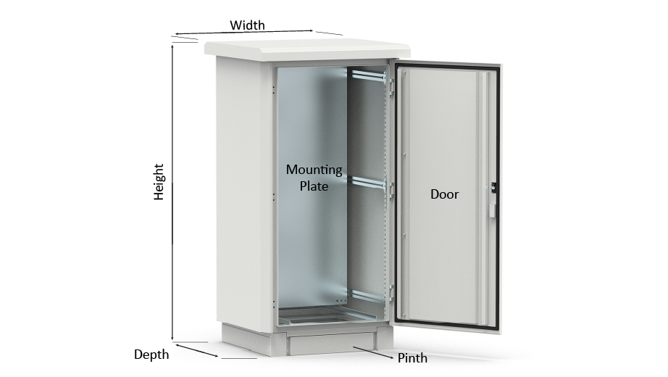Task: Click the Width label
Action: pyautogui.click(x=247, y=25)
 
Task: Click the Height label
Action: pyautogui.click(x=159, y=182)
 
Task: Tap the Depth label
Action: pyautogui.click(x=151, y=355)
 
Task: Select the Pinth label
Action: pyautogui.click(x=412, y=358)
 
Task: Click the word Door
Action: pyautogui.click(x=444, y=194)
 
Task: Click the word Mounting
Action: pyautogui.click(x=314, y=170)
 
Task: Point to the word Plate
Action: pyautogui.click(x=314, y=186)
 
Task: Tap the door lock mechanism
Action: pyautogui.click(x=493, y=187)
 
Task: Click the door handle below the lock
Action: pyautogui.click(x=492, y=210)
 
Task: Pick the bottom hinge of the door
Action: pyautogui.click(x=391, y=293)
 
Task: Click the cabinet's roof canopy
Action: pyautogui.click(x=307, y=49)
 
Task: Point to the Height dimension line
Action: pyautogui.click(x=172, y=192)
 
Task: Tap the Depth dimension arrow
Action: pyautogui.click(x=197, y=350)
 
